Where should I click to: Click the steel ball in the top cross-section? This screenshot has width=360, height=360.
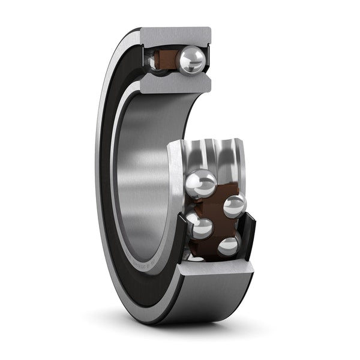click(x=193, y=59)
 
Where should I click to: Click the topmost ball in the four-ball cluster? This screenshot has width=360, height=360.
click(x=201, y=182)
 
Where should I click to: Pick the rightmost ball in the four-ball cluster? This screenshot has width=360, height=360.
click(x=234, y=206)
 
